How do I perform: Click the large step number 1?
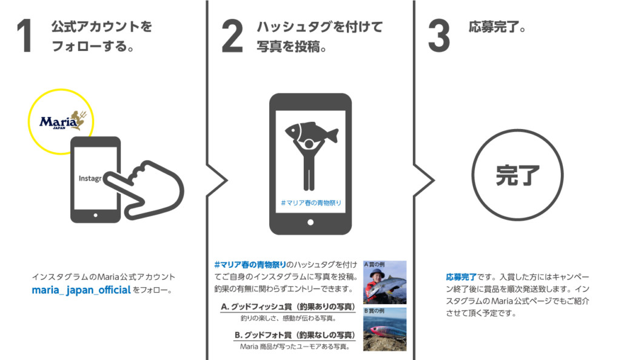point(24,38)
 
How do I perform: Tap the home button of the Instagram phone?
point(95,215)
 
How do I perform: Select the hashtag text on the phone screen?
point(310,202)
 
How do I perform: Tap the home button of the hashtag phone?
point(310,222)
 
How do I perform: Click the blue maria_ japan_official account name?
point(81,290)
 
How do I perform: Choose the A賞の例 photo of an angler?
point(384,282)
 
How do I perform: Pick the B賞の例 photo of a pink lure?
point(384,330)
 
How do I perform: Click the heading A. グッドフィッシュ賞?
point(287,307)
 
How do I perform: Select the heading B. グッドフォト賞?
point(294,335)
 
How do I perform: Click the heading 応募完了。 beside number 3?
point(497,28)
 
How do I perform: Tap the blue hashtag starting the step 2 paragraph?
point(249,265)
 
